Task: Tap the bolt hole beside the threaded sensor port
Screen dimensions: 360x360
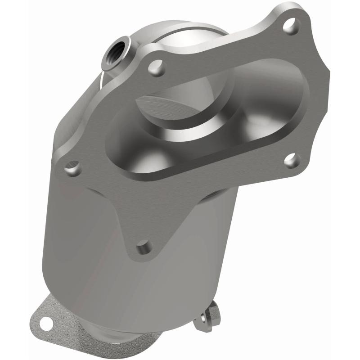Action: (157, 68)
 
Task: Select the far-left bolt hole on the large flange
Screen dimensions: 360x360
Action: (72, 169)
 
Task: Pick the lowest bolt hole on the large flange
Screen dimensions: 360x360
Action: (144, 246)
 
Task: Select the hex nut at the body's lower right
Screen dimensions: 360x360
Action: (210, 312)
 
